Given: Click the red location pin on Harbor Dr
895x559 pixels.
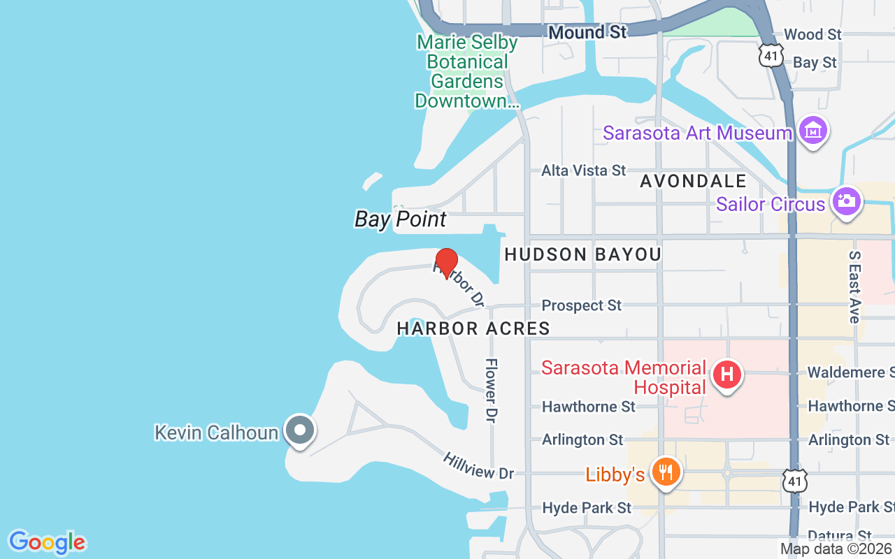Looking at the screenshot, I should (447, 263).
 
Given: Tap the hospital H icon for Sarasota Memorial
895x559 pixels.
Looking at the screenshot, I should (726, 375).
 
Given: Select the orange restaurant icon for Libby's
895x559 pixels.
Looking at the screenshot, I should (666, 472).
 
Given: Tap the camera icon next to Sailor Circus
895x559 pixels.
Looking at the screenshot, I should (846, 201).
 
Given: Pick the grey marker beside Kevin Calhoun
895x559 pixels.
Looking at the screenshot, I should (301, 430).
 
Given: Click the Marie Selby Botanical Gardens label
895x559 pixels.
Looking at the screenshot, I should (467, 71).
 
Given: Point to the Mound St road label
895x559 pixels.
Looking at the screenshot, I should (587, 32).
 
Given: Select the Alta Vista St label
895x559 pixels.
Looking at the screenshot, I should (584, 170).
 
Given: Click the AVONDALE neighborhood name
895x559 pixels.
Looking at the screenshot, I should (694, 182).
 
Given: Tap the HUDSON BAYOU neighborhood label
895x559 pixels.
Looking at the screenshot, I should (582, 255).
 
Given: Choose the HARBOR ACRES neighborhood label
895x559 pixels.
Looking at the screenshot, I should (473, 328).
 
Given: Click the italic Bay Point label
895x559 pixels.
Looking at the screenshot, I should (400, 219).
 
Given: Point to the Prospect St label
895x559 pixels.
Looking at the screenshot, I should (582, 305).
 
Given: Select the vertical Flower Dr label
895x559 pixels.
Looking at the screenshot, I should (492, 390).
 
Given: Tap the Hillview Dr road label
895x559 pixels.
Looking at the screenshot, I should (478, 465).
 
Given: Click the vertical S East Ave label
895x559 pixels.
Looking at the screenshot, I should (854, 287).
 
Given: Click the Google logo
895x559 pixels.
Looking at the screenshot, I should (47, 542).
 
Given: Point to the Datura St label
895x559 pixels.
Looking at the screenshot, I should (839, 536).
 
